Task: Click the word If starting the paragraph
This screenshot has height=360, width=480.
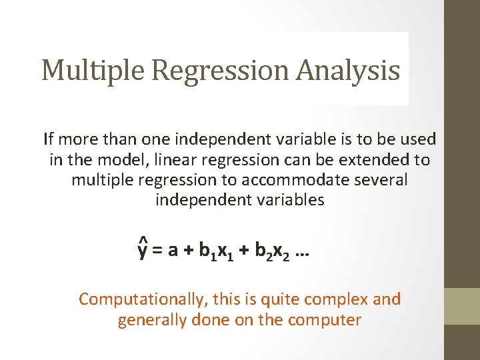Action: [x=48, y=139]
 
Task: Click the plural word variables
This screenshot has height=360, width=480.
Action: [x=291, y=200]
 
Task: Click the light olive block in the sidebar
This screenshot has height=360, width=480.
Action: [x=462, y=306]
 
